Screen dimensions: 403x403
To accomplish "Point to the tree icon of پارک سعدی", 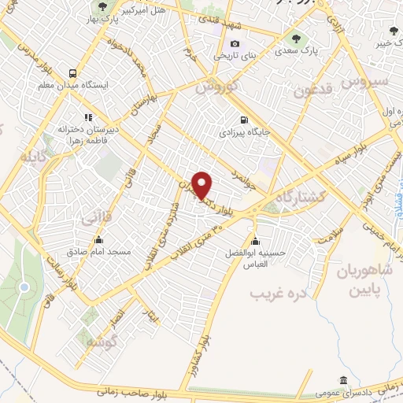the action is tap(295, 37).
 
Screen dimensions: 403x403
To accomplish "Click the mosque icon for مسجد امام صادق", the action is tap(99, 240).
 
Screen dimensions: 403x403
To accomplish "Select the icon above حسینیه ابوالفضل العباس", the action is tap(254, 241).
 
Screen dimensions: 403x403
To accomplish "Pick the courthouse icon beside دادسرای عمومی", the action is tap(342, 379).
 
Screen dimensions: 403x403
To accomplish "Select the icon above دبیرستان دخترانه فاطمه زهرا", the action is tap(88, 117).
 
